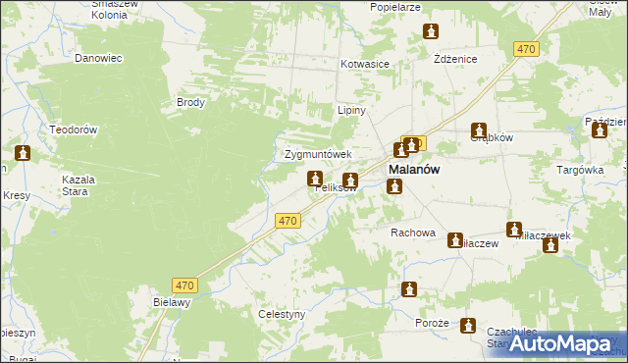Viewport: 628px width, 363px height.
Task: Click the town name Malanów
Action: [414, 169]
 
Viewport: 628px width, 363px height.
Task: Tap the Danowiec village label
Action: [98, 58]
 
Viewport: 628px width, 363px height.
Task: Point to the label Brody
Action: [189, 102]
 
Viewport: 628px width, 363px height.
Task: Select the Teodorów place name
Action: [73, 130]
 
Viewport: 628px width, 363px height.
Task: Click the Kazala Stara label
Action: [78, 185]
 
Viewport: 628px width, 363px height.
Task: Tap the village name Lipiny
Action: [351, 110]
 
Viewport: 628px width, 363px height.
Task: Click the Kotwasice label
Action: [365, 64]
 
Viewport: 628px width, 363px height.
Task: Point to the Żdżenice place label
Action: [455, 59]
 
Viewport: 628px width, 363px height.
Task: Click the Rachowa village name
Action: [412, 233]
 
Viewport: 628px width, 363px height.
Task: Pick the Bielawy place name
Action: [171, 302]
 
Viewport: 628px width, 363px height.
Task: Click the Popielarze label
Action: [395, 7]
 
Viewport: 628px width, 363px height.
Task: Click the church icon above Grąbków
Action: [479, 130]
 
